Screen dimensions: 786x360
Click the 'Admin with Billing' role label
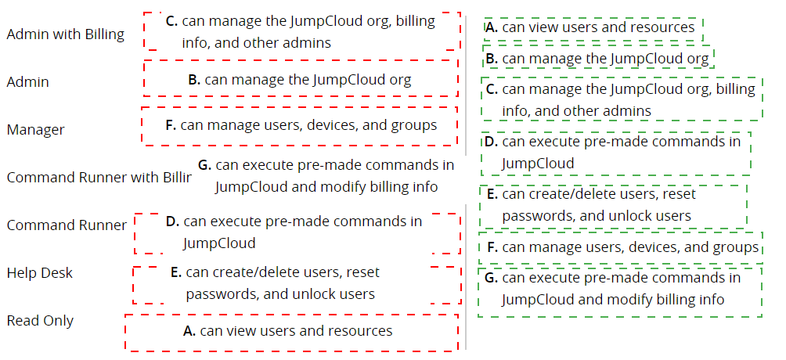tap(65, 34)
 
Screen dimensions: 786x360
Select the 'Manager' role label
tap(35, 130)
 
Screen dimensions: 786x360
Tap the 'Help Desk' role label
tap(40, 273)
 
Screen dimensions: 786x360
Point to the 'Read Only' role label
tap(40, 320)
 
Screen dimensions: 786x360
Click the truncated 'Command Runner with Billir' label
tap(99, 178)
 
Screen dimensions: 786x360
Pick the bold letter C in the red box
tap(172, 21)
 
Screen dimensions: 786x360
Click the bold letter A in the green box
tap(492, 27)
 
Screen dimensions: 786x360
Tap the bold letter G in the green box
tap(492, 278)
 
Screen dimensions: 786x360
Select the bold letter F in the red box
tap(171, 125)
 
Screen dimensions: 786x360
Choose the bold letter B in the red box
tap(194, 80)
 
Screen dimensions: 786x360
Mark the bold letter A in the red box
tap(189, 331)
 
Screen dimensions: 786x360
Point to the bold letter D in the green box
tap(492, 142)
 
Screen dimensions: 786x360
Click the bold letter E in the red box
tap(176, 272)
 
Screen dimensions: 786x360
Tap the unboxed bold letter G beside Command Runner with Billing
tap(204, 165)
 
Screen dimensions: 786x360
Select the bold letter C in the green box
tap(492, 89)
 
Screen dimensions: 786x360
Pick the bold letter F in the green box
tap(492, 247)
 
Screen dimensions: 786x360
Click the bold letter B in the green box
tap(492, 59)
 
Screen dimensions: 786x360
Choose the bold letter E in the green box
tap(492, 194)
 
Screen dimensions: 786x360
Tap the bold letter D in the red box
tap(173, 221)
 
